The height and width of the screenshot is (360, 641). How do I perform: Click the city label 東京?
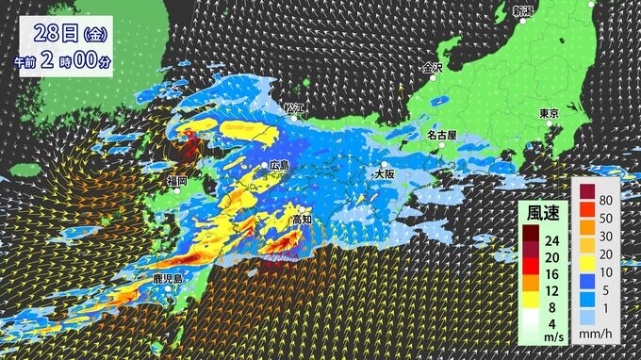(550, 114)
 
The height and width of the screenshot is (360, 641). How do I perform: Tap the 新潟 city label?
(522, 11)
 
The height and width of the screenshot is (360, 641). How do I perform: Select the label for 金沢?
(433, 69)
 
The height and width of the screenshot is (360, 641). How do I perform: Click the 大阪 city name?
(385, 174)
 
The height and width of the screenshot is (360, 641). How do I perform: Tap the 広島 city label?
(280, 165)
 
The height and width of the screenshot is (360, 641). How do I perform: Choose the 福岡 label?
(175, 180)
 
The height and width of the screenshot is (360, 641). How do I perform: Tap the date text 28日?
(56, 34)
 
